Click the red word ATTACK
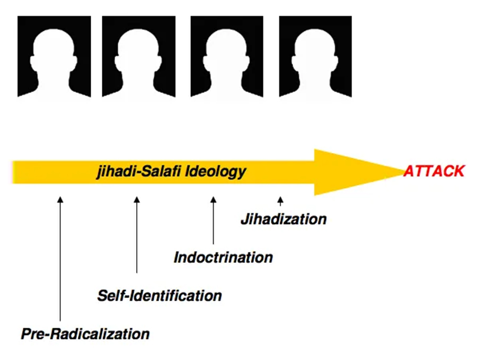coord(434,171)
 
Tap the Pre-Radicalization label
coord(85,334)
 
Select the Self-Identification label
coord(159,295)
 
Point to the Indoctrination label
coord(223,258)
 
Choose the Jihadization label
coord(284,219)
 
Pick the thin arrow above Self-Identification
coord(136,233)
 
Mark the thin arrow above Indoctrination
coord(213,220)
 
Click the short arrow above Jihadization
coord(280,202)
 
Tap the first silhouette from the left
coord(54,57)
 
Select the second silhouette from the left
coord(139,57)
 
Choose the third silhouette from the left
coord(227,57)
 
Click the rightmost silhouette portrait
coord(315,57)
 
